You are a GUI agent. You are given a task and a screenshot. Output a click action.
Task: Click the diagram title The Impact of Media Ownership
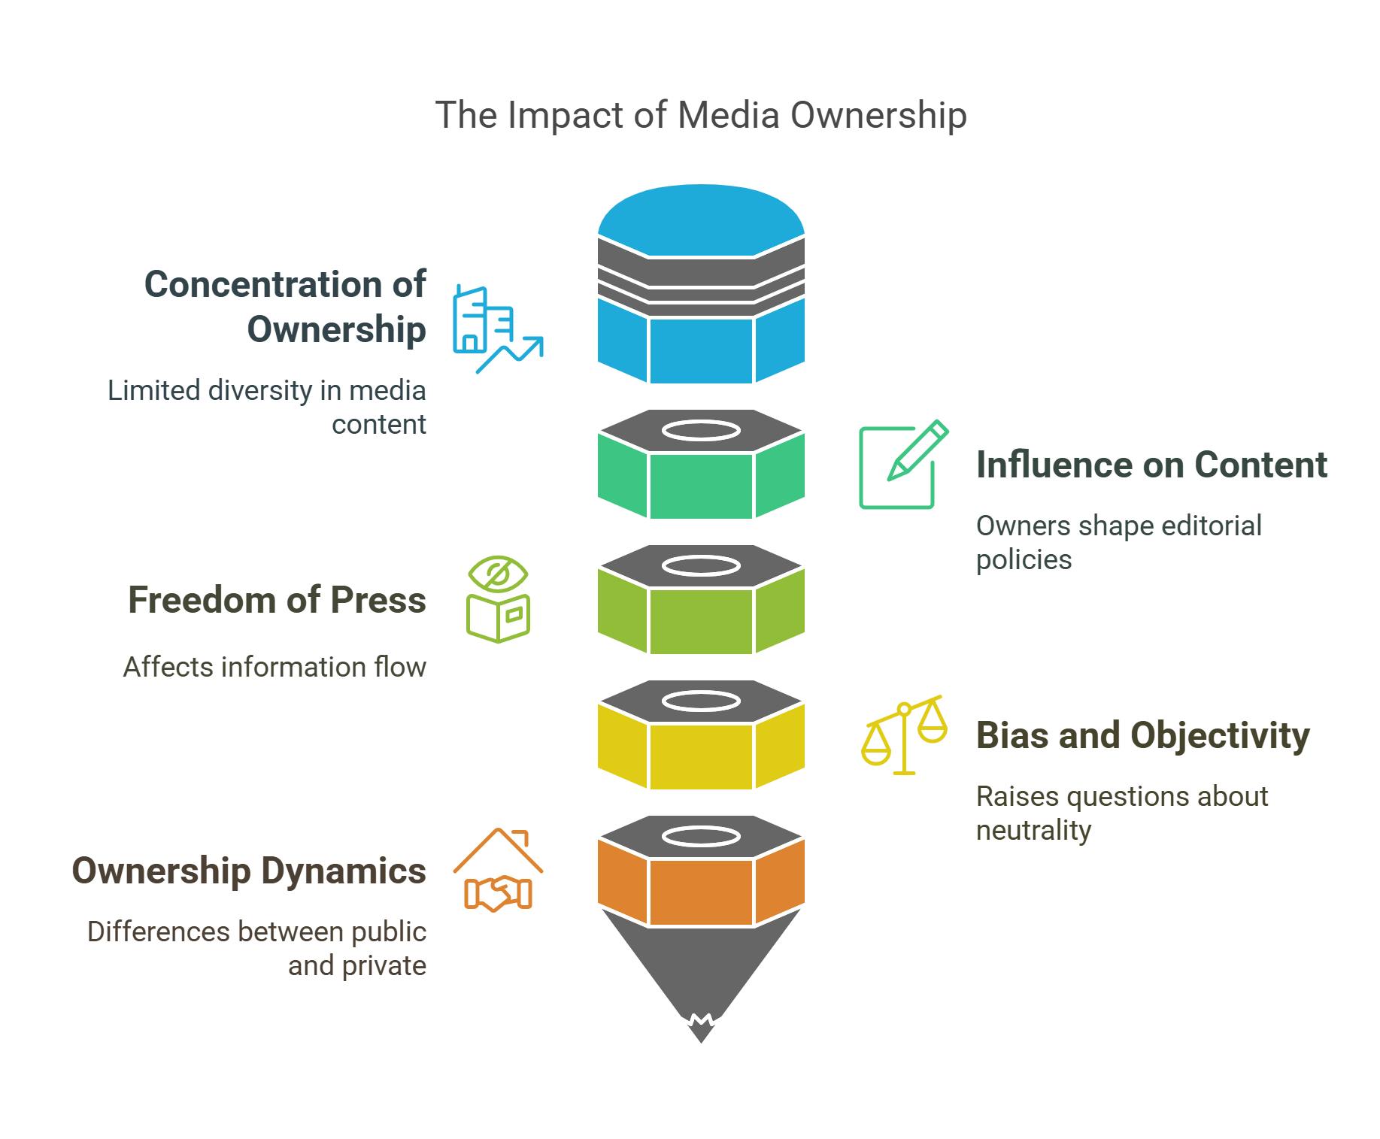(x=701, y=116)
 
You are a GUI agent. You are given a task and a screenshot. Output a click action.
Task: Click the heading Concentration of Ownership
(x=286, y=306)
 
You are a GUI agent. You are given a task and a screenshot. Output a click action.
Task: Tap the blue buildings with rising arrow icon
(x=496, y=329)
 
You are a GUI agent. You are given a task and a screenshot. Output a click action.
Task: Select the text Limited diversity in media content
(x=268, y=407)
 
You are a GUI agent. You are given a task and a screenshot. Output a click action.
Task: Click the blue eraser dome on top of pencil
(x=701, y=218)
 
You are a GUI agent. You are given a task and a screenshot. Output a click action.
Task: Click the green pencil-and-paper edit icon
(x=902, y=465)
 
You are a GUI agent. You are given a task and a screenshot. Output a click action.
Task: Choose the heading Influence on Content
(x=1151, y=465)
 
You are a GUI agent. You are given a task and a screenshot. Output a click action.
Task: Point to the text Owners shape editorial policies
(x=1118, y=542)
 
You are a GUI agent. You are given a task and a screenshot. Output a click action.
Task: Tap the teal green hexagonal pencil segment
(x=701, y=485)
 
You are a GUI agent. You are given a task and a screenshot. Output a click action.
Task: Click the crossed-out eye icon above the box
(x=498, y=575)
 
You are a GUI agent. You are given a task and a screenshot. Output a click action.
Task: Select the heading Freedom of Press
(x=277, y=600)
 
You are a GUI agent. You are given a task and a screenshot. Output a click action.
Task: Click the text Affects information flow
(x=274, y=667)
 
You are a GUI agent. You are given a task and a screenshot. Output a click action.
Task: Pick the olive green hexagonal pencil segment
(x=701, y=620)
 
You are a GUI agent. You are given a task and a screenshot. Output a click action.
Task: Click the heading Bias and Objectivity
(x=1142, y=735)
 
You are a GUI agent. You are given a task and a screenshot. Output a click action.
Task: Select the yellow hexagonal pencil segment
(x=701, y=756)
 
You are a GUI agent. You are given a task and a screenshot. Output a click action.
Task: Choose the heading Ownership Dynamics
(x=249, y=871)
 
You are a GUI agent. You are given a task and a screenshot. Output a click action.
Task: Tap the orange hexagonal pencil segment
(x=701, y=891)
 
